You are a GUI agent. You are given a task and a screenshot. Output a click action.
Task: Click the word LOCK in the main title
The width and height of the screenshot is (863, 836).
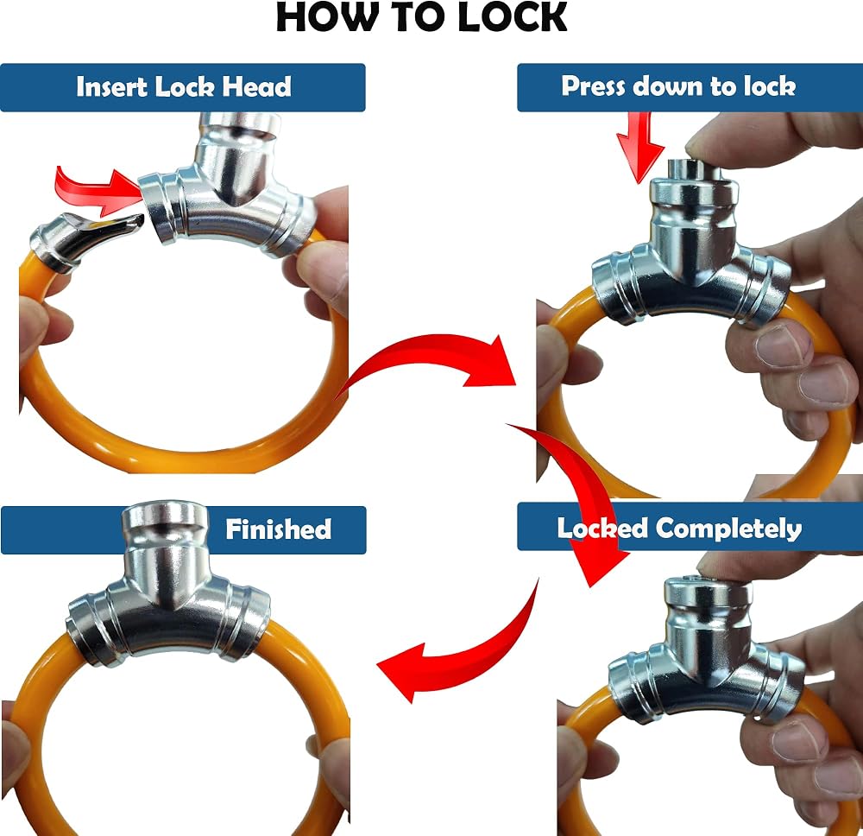[x=512, y=17]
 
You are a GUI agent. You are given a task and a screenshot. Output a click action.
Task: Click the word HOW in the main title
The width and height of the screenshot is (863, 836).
[x=324, y=17]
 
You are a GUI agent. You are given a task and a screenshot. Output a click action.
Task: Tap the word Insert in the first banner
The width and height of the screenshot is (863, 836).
[x=112, y=87]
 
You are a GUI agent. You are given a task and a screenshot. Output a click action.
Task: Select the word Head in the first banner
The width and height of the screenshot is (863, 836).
[x=256, y=87]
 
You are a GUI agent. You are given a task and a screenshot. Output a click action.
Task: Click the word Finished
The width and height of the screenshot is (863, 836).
[x=279, y=529]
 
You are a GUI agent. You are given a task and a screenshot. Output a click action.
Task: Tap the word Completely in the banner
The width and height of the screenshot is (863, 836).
[x=728, y=529]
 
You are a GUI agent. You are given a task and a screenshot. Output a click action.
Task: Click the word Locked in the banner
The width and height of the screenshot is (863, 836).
[x=602, y=529]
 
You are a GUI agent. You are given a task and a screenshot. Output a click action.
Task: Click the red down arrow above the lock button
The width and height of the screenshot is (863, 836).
[x=640, y=146]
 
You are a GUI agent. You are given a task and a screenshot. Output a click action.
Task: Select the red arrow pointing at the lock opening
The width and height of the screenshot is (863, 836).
[x=99, y=190]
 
